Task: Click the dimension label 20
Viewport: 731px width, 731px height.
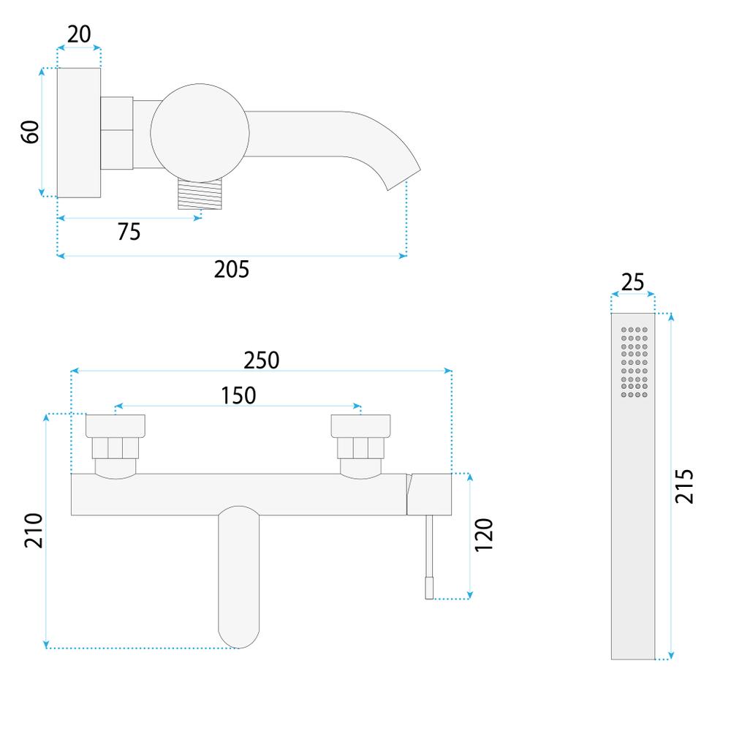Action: coord(79,34)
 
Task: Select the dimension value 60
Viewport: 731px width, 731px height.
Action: coord(29,132)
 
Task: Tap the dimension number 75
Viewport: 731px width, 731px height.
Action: coord(129,232)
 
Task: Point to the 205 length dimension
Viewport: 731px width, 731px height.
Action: coord(231,270)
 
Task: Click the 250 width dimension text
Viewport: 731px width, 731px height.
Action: coord(261,360)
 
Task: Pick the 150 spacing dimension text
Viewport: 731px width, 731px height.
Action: coord(238,395)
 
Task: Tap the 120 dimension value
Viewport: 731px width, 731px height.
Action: coord(484,535)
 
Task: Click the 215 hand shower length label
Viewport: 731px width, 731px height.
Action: coord(684,485)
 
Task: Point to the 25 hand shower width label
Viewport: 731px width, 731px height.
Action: coord(633,282)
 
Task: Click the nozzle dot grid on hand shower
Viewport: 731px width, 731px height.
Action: coord(635,362)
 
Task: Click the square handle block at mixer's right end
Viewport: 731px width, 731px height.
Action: coord(430,494)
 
